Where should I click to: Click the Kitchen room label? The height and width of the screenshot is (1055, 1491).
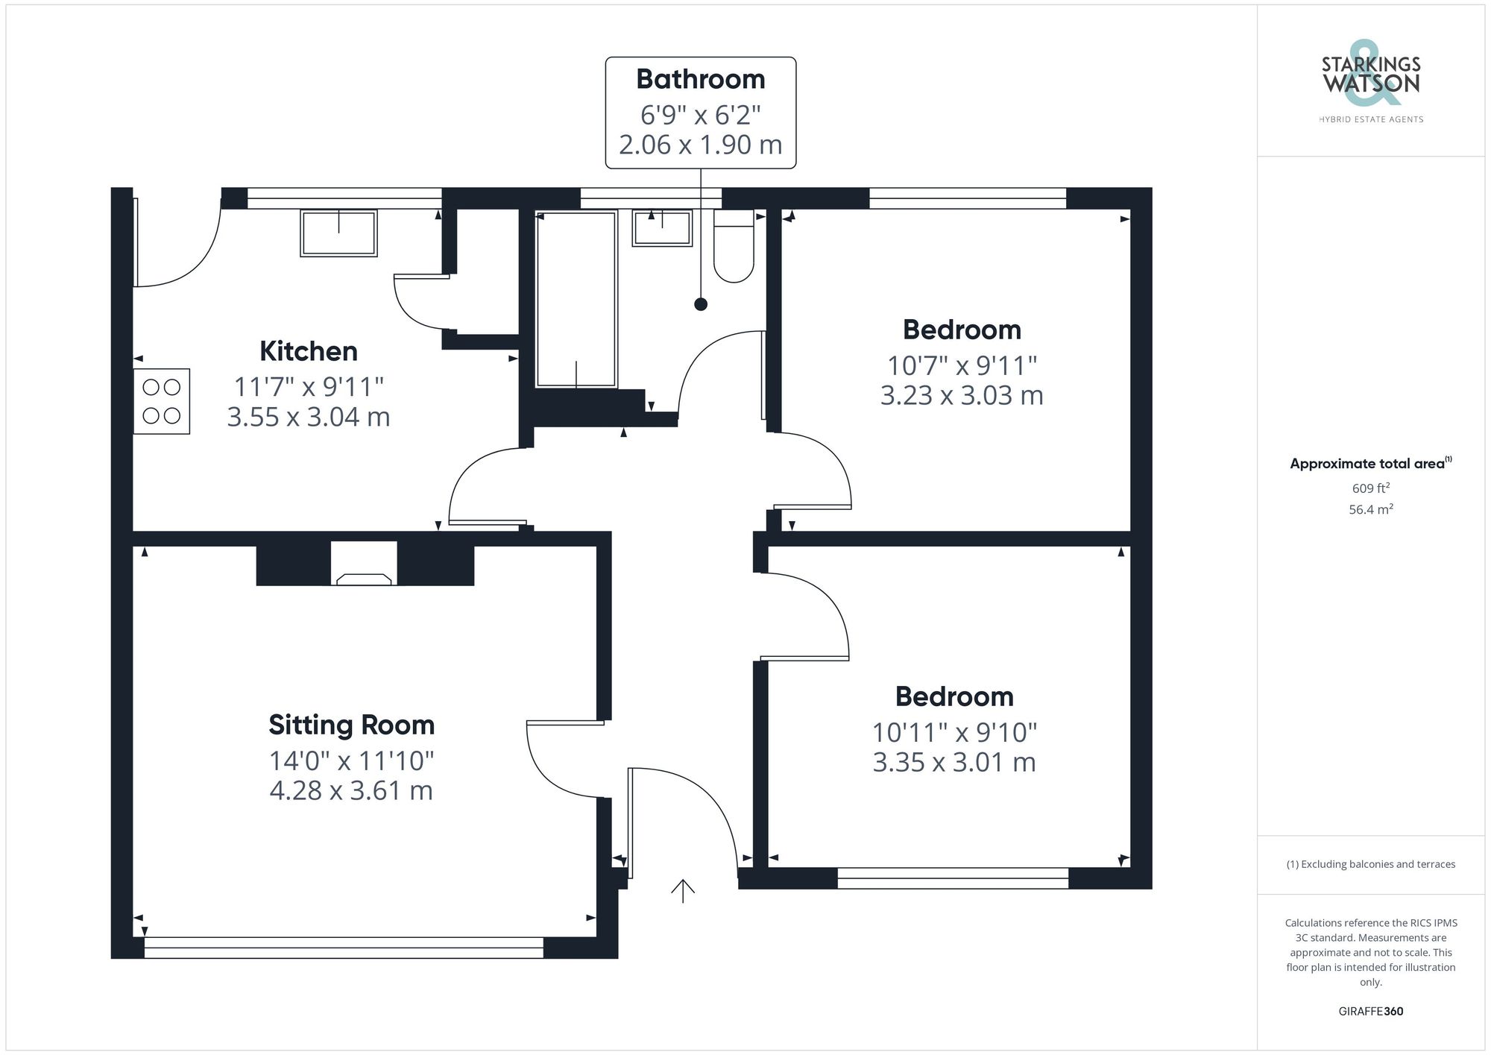tap(309, 351)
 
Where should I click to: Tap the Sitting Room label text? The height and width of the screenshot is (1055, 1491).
tap(351, 725)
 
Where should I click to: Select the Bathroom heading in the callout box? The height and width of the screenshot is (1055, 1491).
tap(700, 79)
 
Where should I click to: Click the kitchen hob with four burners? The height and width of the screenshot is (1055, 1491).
tap(162, 401)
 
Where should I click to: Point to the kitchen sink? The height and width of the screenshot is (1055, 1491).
tap(338, 233)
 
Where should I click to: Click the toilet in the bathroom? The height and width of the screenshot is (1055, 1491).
tap(734, 248)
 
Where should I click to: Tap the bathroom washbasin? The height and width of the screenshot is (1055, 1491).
tap(662, 228)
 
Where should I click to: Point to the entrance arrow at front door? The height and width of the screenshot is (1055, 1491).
tap(683, 890)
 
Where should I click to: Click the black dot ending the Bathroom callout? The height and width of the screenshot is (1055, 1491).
tap(700, 304)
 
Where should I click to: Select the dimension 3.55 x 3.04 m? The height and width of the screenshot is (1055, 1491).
tap(309, 417)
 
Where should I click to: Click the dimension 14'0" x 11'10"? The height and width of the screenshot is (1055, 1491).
tap(351, 760)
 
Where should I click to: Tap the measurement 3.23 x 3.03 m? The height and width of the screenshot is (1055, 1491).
tap(962, 395)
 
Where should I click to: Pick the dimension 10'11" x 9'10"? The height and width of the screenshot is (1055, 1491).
tap(954, 732)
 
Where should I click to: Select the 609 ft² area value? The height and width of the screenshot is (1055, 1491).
tap(1370, 488)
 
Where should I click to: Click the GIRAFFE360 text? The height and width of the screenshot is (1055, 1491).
tap(1370, 1011)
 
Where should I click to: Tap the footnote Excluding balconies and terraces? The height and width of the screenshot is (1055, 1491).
tap(1370, 864)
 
